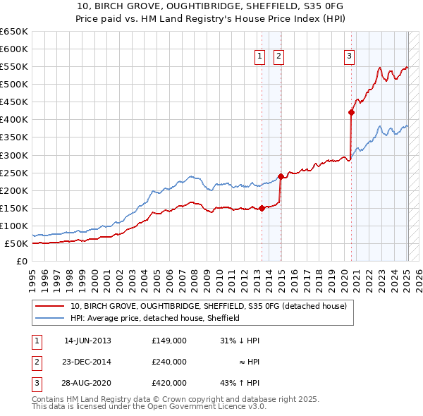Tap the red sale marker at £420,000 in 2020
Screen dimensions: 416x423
[351, 112]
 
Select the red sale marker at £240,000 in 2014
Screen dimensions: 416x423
[281, 176]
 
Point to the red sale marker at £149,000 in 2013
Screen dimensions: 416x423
[262, 208]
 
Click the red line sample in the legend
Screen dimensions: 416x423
[50, 307]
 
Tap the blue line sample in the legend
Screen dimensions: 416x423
[50, 319]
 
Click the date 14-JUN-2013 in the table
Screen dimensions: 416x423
[87, 341]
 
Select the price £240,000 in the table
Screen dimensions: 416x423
[169, 362]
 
